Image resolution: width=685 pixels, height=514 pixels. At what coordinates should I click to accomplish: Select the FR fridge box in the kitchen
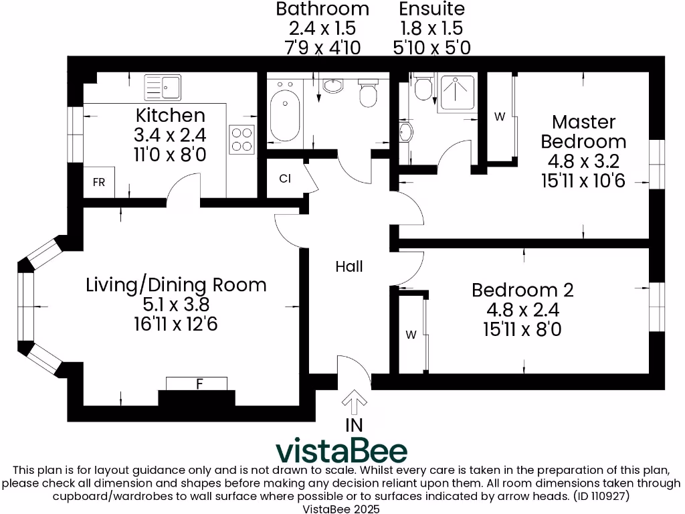[x=98, y=183]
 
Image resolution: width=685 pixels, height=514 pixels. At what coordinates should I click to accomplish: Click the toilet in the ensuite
[x=422, y=88]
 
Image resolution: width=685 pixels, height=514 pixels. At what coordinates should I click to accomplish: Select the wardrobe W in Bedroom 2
[x=411, y=335]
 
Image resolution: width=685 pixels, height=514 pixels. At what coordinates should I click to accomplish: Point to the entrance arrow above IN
[x=354, y=403]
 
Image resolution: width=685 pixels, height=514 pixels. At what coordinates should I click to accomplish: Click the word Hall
[x=349, y=266]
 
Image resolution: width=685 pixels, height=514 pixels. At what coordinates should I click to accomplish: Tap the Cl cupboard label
[x=285, y=179]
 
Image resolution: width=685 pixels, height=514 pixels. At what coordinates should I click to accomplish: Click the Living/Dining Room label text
[x=176, y=284]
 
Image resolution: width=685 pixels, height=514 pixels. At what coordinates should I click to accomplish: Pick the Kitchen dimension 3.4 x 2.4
[x=170, y=135]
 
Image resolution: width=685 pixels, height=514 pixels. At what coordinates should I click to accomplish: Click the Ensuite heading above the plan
[x=431, y=9]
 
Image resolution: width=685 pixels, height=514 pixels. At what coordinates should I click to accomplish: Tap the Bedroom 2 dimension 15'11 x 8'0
[x=522, y=329]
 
